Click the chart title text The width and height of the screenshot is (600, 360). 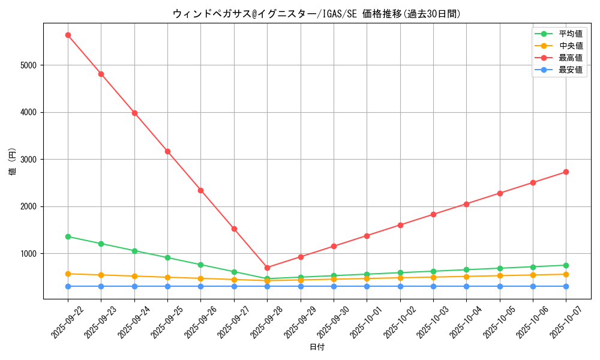pos(317,13)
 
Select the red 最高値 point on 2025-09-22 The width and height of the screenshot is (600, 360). pos(68,35)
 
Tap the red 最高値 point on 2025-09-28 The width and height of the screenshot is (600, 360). pos(267,268)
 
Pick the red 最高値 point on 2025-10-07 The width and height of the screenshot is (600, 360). pos(566,172)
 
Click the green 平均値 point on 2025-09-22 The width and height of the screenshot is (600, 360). pos(68,236)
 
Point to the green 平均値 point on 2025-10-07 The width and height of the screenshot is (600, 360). pos(566,265)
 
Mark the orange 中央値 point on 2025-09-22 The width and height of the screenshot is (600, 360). pos(68,274)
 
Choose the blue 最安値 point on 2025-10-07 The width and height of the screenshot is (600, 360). pos(566,286)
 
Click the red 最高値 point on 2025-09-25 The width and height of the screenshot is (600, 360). pos(167,151)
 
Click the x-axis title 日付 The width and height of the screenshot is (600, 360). pos(317,347)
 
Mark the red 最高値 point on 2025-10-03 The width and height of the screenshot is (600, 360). pos(433,214)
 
